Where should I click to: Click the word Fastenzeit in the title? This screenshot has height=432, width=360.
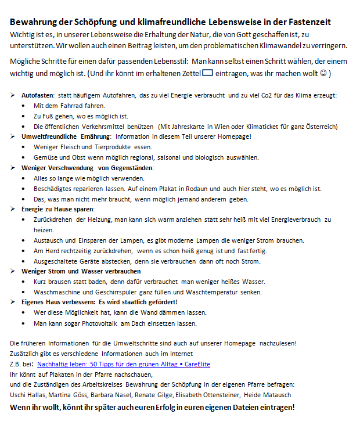pyautogui.click(x=309, y=22)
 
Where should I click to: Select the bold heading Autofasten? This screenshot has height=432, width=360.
pyautogui.click(x=38, y=95)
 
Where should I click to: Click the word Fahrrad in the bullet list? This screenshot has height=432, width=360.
pyautogui.click(x=72, y=106)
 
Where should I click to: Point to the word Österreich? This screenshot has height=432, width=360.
pyautogui.click(x=322, y=126)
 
